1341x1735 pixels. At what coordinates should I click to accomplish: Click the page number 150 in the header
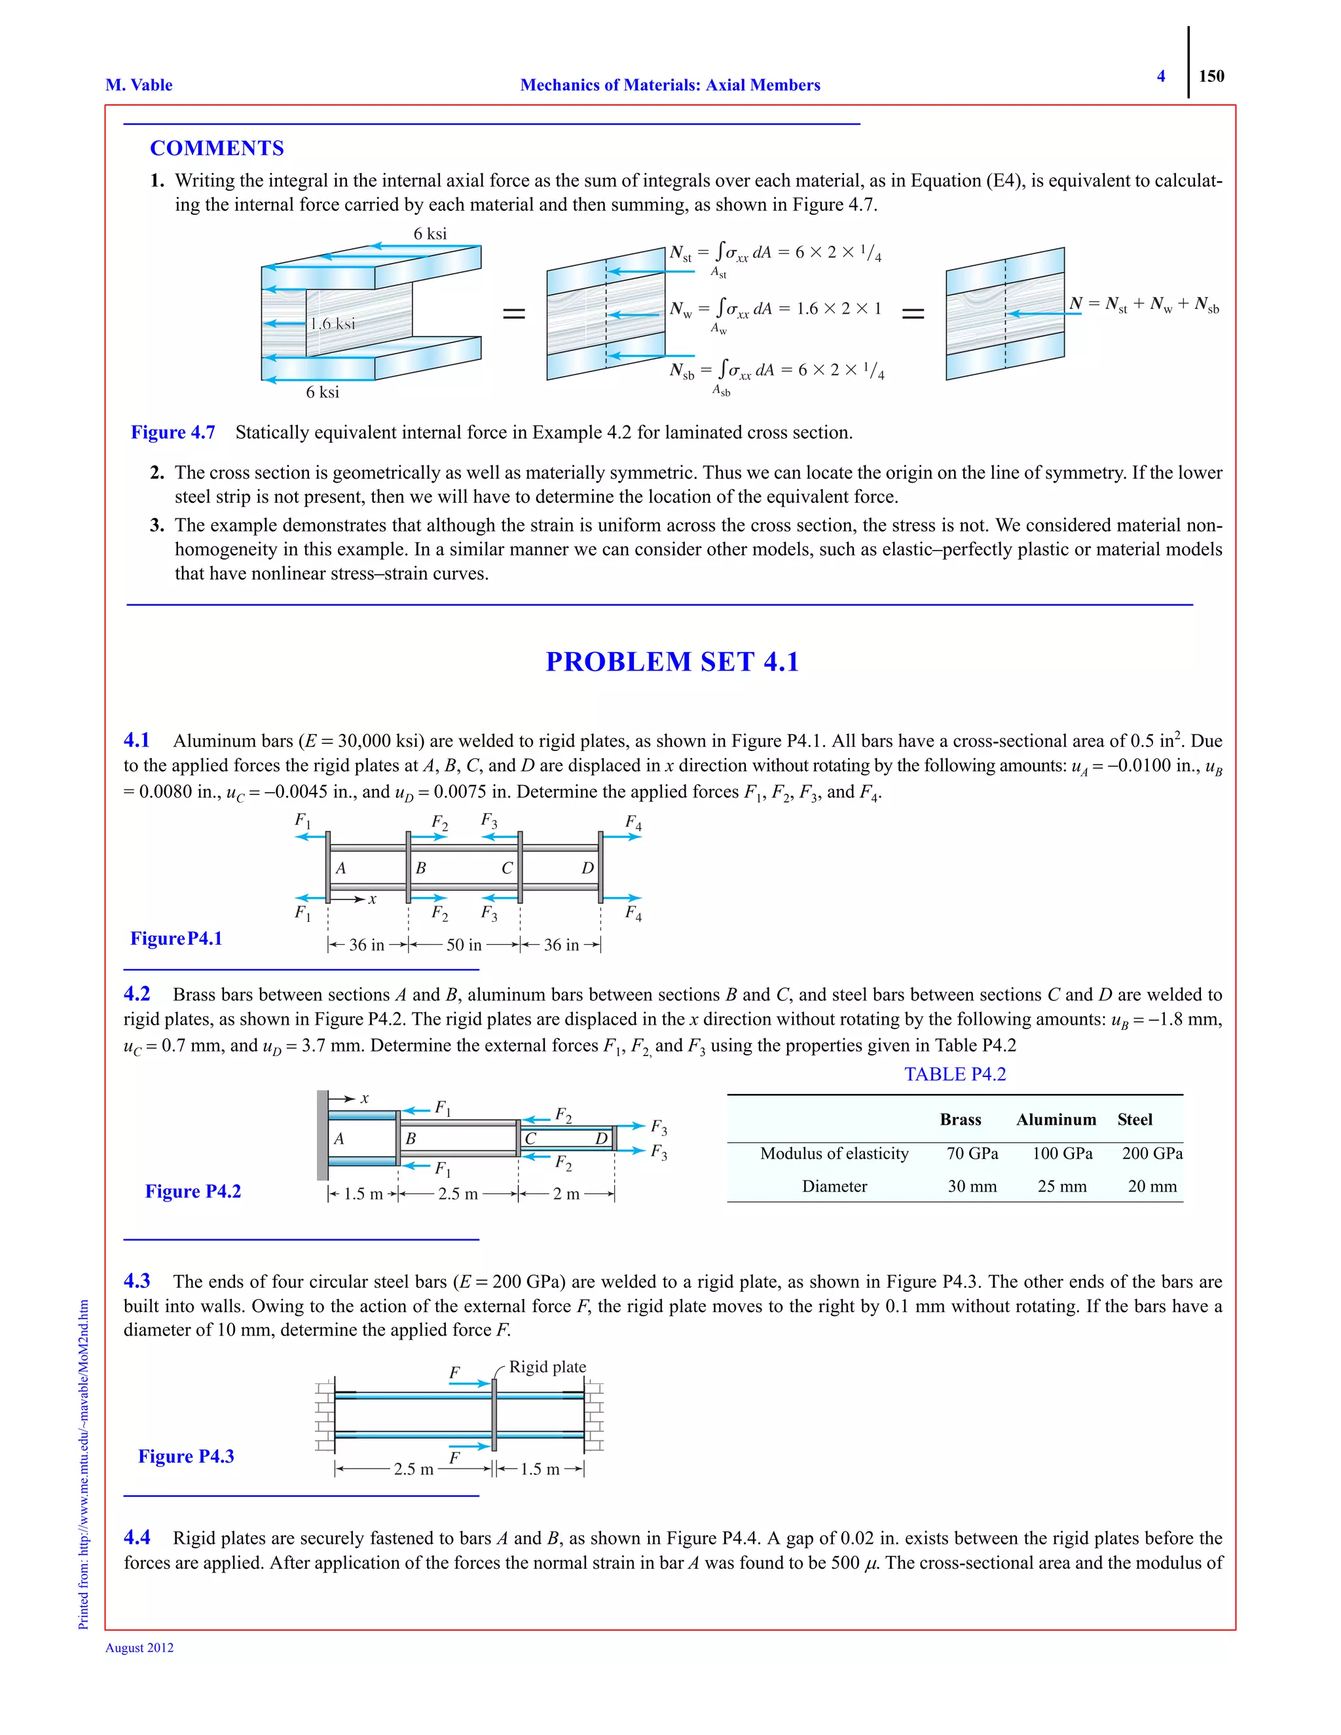pyautogui.click(x=1211, y=76)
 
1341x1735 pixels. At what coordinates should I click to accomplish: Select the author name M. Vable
pyautogui.click(x=139, y=85)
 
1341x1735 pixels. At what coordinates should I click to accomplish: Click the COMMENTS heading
pyautogui.click(x=217, y=149)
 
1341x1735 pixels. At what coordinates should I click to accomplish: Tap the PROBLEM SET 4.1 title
pyautogui.click(x=671, y=662)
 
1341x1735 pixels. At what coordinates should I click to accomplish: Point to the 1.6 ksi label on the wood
pyautogui.click(x=332, y=323)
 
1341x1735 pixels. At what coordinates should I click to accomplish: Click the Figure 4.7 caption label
pyautogui.click(x=172, y=432)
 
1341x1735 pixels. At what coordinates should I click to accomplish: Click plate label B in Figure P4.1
pyautogui.click(x=421, y=867)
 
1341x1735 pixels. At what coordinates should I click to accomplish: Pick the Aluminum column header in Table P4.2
pyautogui.click(x=1056, y=1120)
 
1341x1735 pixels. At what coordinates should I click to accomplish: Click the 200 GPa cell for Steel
pyautogui.click(x=1152, y=1154)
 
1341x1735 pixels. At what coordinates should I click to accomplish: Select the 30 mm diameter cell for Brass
pyautogui.click(x=972, y=1186)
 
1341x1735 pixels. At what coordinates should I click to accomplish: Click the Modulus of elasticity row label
pyautogui.click(x=834, y=1154)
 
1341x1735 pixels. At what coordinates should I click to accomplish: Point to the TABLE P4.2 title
pyautogui.click(x=955, y=1074)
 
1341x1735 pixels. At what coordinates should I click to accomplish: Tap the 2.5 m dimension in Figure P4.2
pyautogui.click(x=458, y=1194)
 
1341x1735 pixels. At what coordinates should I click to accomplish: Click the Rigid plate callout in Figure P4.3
pyautogui.click(x=547, y=1367)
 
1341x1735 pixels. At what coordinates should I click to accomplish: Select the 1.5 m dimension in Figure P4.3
pyautogui.click(x=540, y=1469)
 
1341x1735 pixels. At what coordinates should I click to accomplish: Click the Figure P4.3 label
pyautogui.click(x=186, y=1456)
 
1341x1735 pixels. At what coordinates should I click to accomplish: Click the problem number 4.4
pyautogui.click(x=137, y=1538)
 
